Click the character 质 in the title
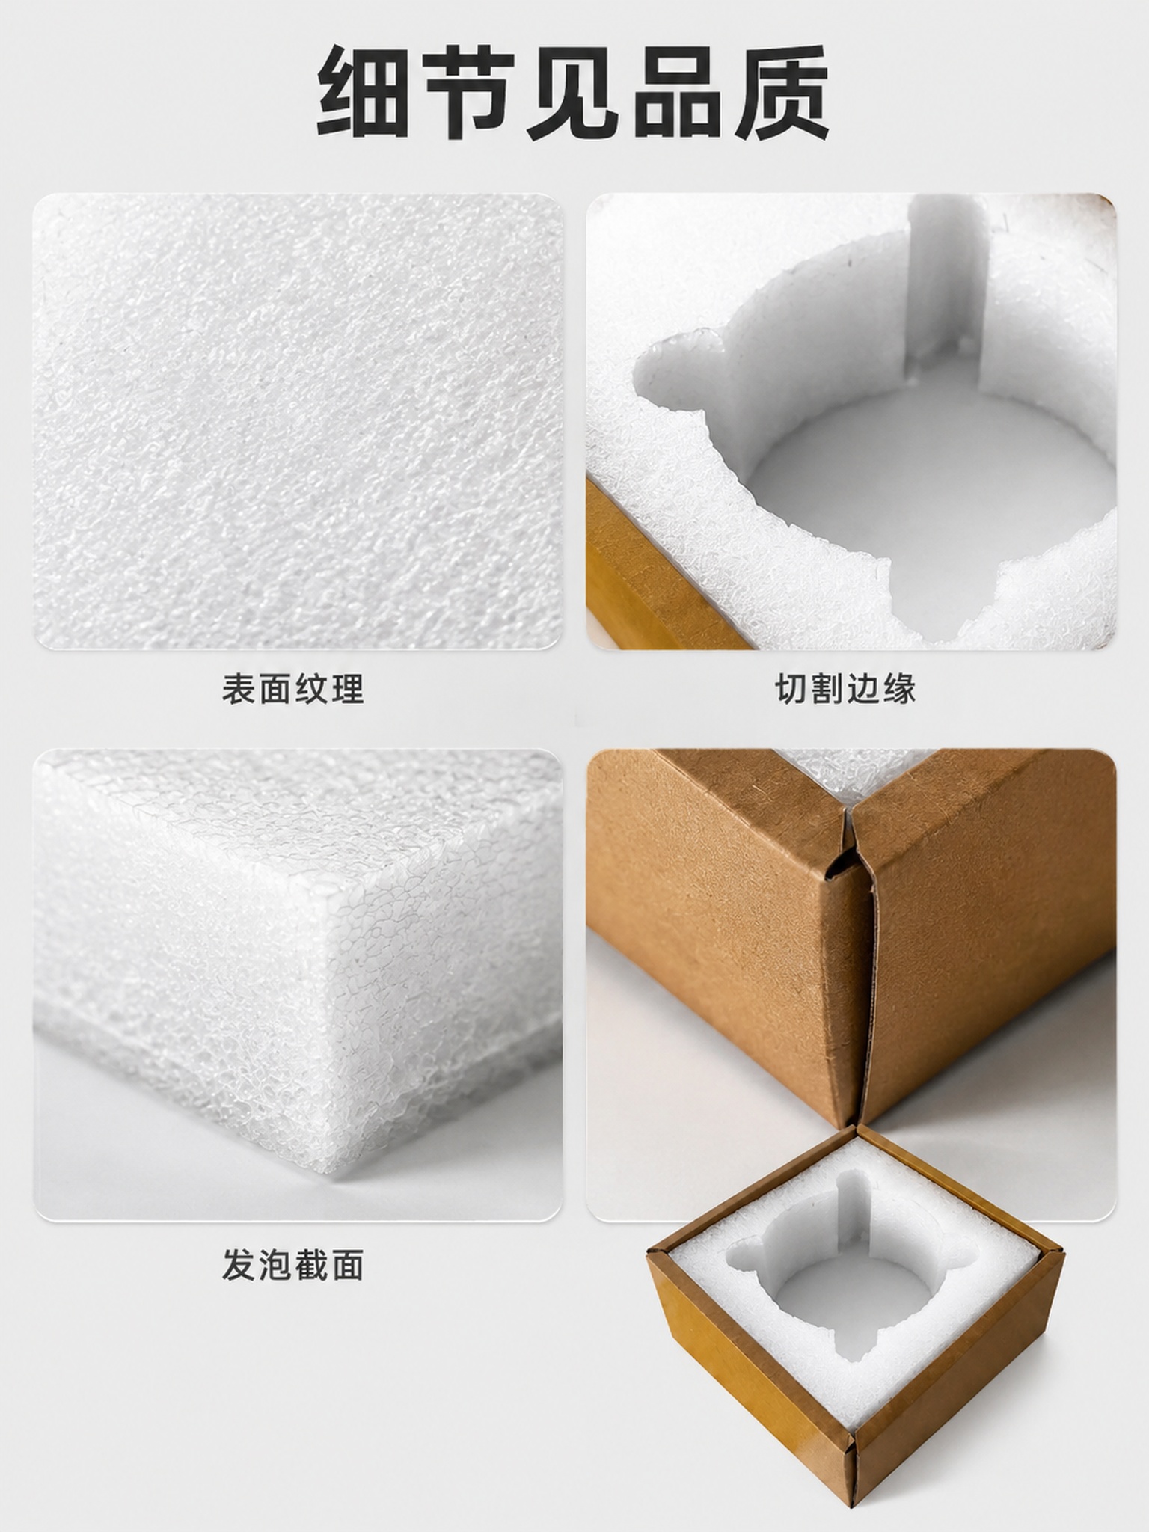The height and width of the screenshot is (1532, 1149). point(781,92)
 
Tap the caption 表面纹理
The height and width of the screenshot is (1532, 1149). point(292,689)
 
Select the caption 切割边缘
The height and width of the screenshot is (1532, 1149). point(845,689)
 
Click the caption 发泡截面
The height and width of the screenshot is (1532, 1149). point(292,1266)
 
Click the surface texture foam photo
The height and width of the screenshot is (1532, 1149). point(298,421)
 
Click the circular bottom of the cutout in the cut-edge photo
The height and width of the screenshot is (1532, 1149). point(928,490)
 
